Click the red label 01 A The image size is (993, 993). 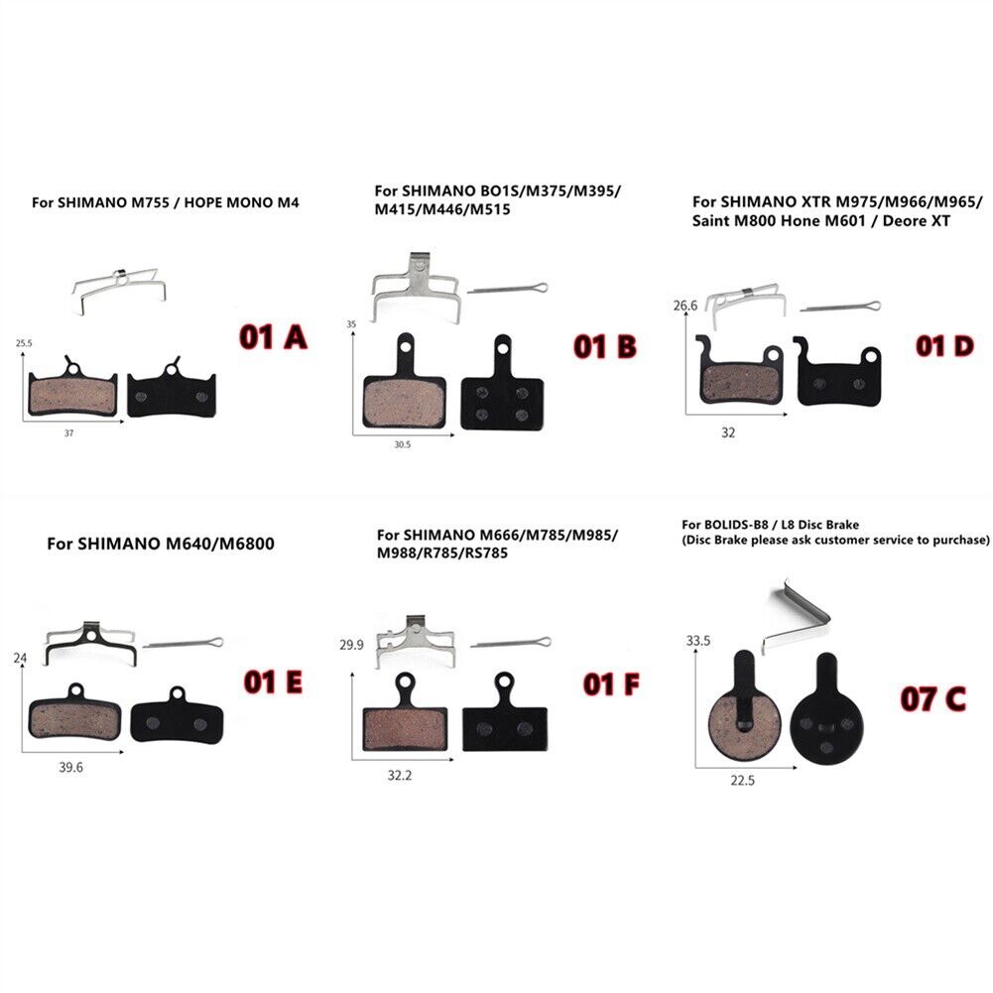273,337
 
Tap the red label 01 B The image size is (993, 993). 604,346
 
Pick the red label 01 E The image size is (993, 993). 275,682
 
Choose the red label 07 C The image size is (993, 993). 931,699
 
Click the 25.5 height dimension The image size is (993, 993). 25,344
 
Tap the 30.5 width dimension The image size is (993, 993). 402,444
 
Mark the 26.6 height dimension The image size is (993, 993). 685,306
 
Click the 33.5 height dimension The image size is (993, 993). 699,641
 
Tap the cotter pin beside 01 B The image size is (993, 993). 507,286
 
